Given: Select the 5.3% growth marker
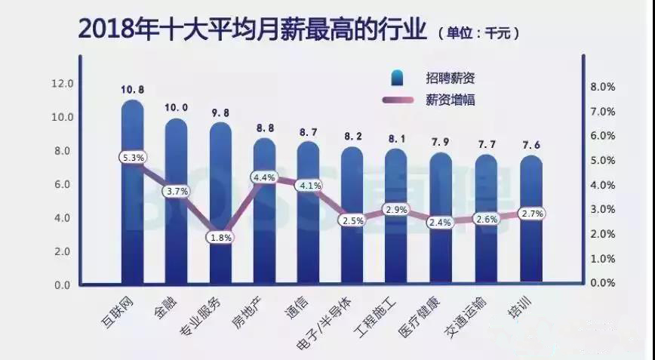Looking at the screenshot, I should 133,157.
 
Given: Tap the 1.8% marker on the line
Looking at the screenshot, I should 220,237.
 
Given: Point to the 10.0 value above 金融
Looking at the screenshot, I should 177,107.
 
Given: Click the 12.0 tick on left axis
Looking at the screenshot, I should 62,83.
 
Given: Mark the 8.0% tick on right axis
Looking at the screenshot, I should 603,87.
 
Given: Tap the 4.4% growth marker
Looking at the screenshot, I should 264,177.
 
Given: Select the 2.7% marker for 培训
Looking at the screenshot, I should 530,214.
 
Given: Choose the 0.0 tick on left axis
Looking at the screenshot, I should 62,285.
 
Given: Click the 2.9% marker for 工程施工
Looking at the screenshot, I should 397,208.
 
